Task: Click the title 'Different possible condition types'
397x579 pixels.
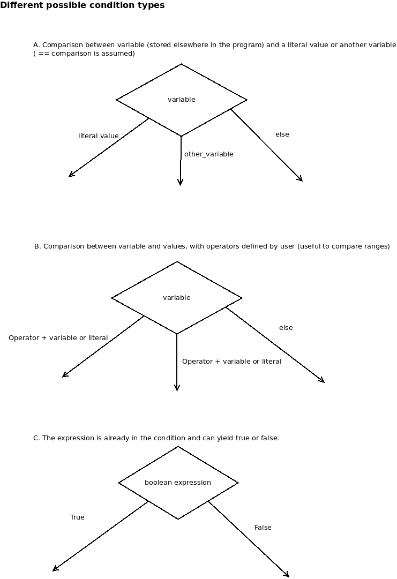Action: tap(83, 5)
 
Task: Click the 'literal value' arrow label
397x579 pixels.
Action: tap(99, 136)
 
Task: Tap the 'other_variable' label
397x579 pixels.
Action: tap(208, 154)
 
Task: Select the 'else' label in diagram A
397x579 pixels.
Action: tap(282, 134)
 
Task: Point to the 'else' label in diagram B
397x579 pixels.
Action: tap(286, 328)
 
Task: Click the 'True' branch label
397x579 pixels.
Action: tap(77, 517)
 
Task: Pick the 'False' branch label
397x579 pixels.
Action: tap(263, 528)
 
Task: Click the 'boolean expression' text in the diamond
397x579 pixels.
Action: tap(178, 483)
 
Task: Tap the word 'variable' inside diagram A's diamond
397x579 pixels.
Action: tap(181, 99)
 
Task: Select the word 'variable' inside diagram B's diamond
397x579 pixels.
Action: tap(176, 298)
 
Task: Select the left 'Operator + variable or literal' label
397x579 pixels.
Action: tap(58, 338)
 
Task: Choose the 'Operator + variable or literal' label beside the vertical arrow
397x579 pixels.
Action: tap(231, 362)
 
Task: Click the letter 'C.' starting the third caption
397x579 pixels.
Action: tap(36, 438)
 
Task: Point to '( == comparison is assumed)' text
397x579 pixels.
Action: tap(84, 54)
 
